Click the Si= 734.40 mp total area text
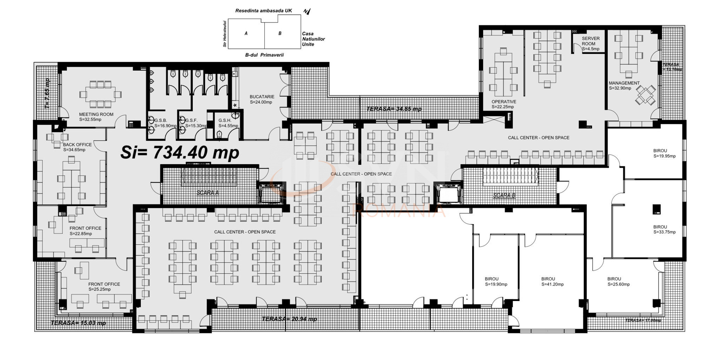180,152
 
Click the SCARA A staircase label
207,193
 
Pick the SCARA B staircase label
504,195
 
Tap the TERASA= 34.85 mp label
394,109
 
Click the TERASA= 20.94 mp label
289,319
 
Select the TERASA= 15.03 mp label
78,323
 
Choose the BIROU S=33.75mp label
664,229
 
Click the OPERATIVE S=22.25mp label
503,104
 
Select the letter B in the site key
280,33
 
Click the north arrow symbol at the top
307,12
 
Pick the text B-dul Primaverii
264,55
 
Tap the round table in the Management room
645,95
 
